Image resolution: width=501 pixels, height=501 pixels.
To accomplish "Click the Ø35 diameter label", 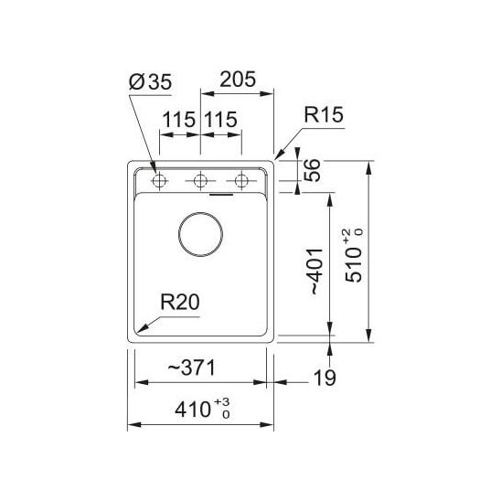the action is coord(150,81).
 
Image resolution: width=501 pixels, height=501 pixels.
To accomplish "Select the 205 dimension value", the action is coord(238,80).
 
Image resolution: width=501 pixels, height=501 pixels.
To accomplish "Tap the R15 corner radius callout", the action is coord(324,114).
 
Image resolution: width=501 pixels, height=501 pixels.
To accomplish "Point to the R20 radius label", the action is coord(180,302).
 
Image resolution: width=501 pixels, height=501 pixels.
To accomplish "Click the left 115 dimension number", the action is coord(179,120).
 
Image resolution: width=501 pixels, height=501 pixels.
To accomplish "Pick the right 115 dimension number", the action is coord(220,120).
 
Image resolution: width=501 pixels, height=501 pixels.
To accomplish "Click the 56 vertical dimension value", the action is coord(312,170).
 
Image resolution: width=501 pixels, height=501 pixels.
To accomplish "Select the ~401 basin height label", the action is coord(318,271).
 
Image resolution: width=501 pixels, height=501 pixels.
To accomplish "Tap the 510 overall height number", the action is coord(354,265).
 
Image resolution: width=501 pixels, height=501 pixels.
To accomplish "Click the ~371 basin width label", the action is coord(192,368).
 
